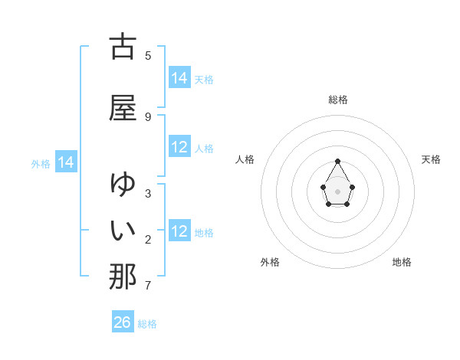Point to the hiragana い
pos(123,230)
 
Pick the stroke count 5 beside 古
pos(148,55)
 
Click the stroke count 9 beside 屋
pos(148,116)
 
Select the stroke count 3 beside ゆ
pos(148,193)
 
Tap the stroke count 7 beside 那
pos(148,286)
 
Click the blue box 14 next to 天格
pos(179,78)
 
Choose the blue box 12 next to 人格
pos(179,148)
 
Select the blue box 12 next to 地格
pos(179,232)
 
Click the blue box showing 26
pos(123,322)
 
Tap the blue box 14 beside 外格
pos(66,162)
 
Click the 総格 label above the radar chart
pos(338,100)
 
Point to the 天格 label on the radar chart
pos(432,159)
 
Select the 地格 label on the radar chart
pos(402,262)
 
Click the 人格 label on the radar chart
pos(245,159)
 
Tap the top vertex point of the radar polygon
pos(338,161)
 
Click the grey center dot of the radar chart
pos(338,190)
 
